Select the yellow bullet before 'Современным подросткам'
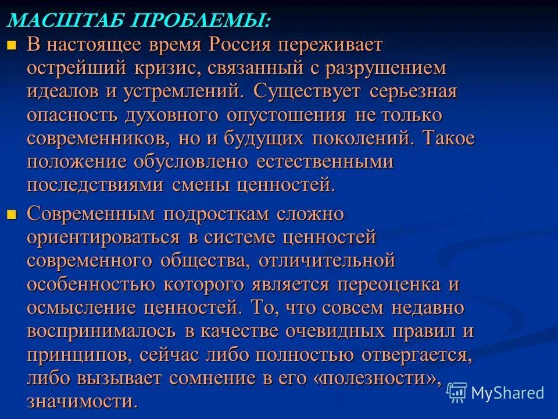coord(10,214)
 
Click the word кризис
coord(163,68)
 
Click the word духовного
coord(171,115)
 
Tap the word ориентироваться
coord(105,237)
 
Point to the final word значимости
coord(82,402)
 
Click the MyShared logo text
coord(507,393)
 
